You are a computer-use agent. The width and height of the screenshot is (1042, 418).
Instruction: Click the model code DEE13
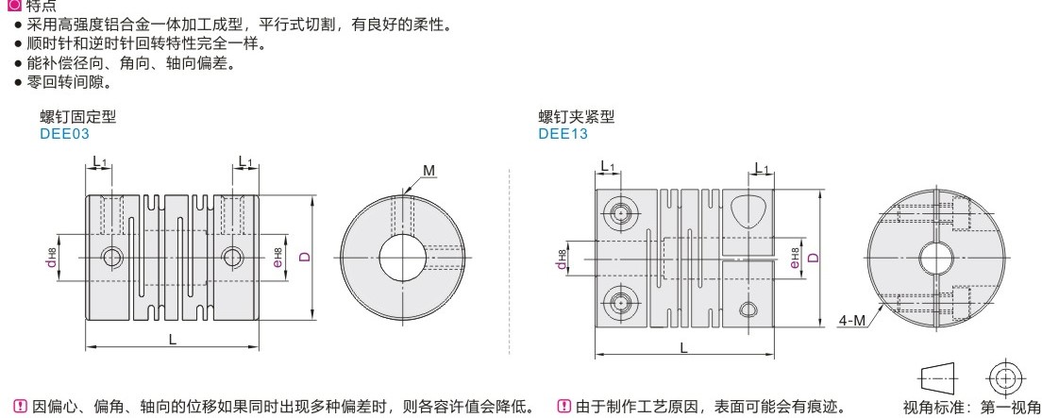(x=563, y=134)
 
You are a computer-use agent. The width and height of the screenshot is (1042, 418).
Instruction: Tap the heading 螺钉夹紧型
(x=576, y=118)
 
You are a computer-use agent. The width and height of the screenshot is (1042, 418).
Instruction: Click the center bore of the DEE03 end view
(x=405, y=257)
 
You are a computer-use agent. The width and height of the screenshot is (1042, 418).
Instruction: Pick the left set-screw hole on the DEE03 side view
(x=112, y=256)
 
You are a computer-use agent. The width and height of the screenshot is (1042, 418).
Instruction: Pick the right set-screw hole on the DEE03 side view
(x=232, y=256)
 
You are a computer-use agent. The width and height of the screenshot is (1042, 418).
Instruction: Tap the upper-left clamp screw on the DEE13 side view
(x=619, y=212)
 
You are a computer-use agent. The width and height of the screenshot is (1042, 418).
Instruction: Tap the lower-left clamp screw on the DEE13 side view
(x=619, y=303)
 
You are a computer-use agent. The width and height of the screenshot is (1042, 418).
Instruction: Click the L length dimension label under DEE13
(x=682, y=348)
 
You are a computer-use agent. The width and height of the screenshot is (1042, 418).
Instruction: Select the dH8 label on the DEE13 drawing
(x=563, y=258)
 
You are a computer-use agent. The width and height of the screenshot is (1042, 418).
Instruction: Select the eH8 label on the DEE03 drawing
(x=277, y=256)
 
